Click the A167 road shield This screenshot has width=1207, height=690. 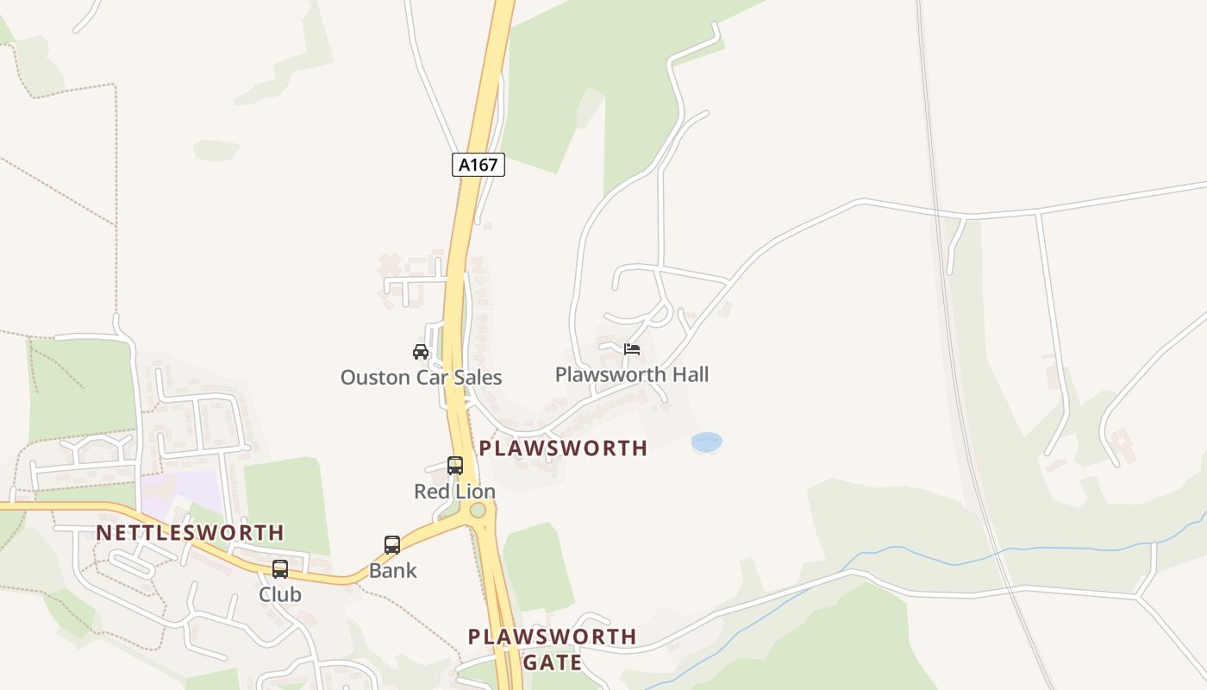pos(478,165)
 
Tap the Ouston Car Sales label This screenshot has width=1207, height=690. pos(421,378)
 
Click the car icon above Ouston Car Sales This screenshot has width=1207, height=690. pos(421,351)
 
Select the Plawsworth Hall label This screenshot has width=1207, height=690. pos(632,374)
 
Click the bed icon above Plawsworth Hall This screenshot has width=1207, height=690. pos(632,349)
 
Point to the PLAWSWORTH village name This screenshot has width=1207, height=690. pos(563,448)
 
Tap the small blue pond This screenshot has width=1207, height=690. pos(706,442)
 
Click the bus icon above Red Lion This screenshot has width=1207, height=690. pos(455,466)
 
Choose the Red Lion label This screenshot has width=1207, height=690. pos(455,492)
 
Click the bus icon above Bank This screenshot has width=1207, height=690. pos(392,545)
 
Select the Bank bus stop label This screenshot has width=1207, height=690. pos(393,570)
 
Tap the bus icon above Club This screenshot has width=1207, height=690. pos(280,569)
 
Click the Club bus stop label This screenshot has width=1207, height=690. pos(280,594)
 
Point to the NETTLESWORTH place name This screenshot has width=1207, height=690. pos(190,532)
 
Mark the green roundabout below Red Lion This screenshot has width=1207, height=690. pos(478,511)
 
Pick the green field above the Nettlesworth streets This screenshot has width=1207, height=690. pos(81,388)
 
